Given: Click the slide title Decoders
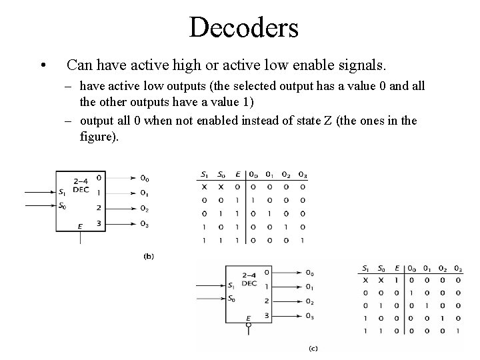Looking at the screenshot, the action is point(243,27).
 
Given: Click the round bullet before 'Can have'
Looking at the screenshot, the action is point(43,66).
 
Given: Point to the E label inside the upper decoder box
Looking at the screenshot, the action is point(79,226).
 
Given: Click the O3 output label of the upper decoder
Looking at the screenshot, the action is point(144,224).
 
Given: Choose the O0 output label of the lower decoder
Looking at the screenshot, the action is point(310,273).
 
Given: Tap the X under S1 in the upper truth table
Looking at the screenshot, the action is point(205,187).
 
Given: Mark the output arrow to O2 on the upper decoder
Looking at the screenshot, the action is point(120,209).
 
